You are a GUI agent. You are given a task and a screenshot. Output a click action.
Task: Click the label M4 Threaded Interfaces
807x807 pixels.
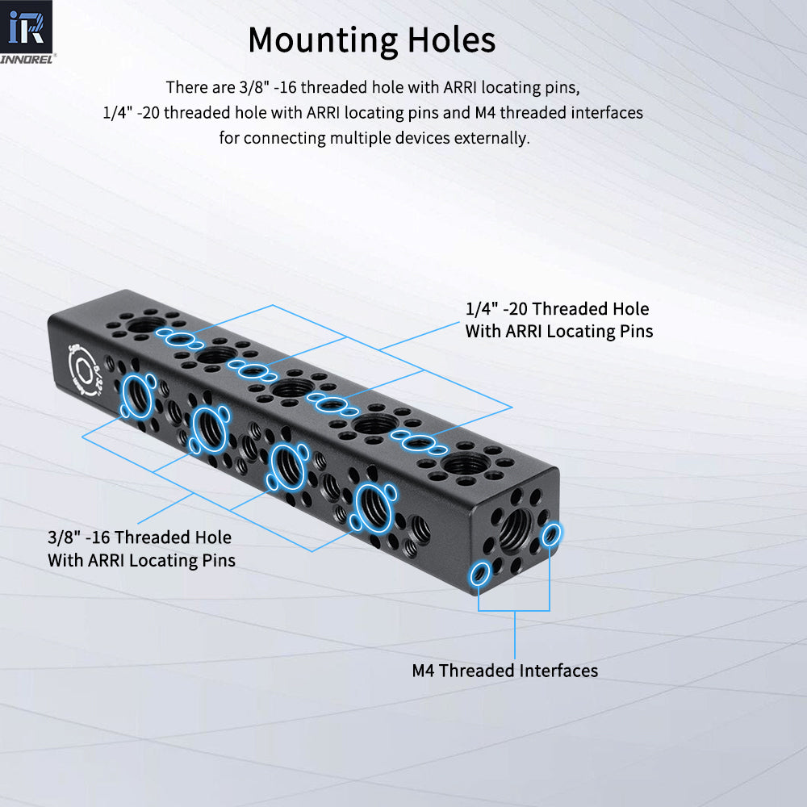[504, 671]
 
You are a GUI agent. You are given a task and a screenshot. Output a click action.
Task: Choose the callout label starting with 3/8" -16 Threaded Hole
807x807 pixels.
[141, 549]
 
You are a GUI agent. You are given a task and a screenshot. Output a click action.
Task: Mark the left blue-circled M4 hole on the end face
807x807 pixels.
[480, 574]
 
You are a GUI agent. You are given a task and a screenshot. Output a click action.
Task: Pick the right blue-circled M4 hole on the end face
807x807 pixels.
[553, 533]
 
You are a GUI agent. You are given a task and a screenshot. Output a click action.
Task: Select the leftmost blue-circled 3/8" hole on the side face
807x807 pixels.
[137, 396]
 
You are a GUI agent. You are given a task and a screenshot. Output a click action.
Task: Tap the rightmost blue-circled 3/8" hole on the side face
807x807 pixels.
[372, 508]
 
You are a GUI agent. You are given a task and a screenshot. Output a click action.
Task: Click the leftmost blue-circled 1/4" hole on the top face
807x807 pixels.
[180, 338]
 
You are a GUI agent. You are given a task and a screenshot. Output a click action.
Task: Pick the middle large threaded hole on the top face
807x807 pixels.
[291, 390]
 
